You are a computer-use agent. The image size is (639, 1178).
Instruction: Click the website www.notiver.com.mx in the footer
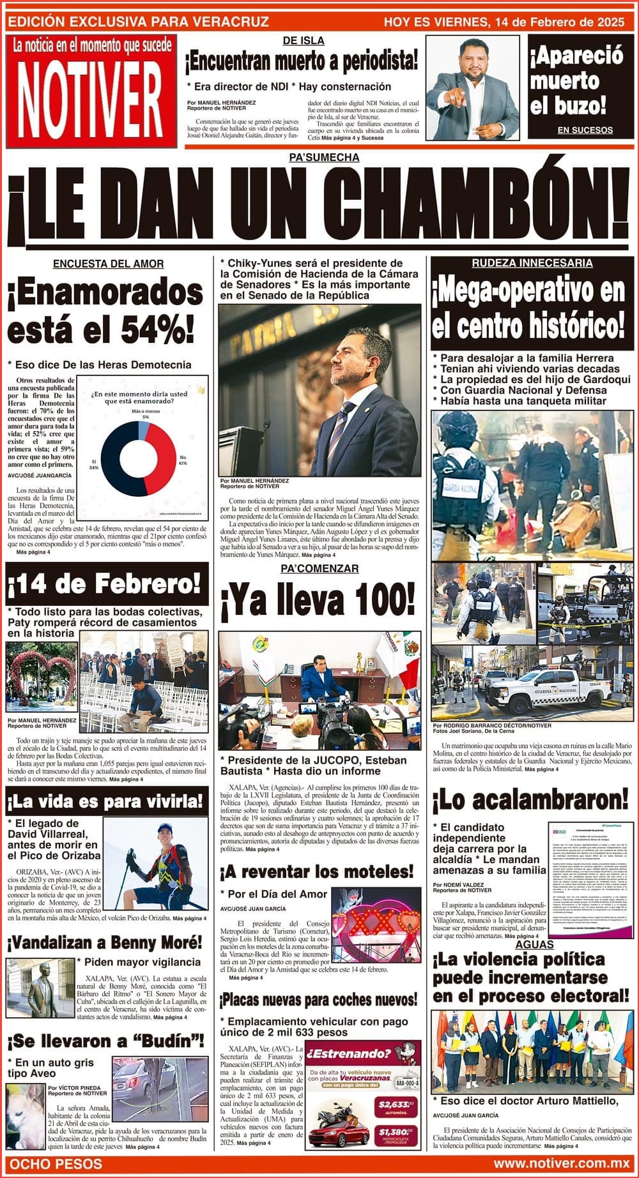point(562,1163)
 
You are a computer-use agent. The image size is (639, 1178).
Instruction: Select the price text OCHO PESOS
point(56,1163)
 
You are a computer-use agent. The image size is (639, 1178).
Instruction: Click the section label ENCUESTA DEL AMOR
point(108,264)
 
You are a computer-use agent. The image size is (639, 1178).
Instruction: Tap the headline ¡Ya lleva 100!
point(318,600)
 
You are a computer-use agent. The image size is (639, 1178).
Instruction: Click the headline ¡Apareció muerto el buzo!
point(576,80)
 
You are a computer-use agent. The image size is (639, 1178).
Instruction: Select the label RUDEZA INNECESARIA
point(532,263)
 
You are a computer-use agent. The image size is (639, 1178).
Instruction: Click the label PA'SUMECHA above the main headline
point(324,157)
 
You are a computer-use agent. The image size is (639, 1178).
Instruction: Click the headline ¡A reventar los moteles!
point(317,872)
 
